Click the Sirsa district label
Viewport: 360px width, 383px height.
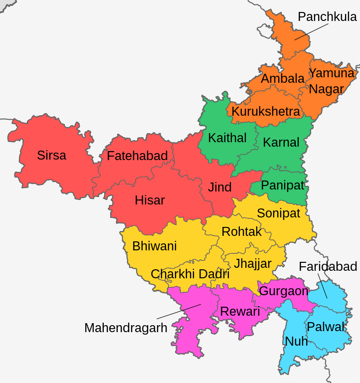[51, 155]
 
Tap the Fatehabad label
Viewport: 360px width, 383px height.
[137, 156]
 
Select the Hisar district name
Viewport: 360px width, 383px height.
[150, 200]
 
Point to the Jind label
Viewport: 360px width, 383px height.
[220, 187]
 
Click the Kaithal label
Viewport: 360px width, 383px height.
[227, 138]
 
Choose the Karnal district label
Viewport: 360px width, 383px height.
[281, 142]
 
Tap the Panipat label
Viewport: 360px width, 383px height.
[282, 186]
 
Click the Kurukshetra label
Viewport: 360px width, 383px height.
[266, 111]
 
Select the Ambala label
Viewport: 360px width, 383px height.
[283, 79]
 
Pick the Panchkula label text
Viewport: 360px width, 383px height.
[327, 16]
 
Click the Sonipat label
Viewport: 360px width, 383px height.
[278, 213]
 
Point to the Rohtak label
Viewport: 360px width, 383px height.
[241, 231]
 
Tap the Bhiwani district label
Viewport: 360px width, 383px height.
[154, 246]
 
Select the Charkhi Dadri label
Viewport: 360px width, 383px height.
[190, 274]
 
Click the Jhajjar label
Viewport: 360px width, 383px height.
[253, 263]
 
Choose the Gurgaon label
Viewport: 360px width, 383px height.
[284, 291]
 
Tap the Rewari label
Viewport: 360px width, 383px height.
[240, 312]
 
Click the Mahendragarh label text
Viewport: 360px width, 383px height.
[126, 328]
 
